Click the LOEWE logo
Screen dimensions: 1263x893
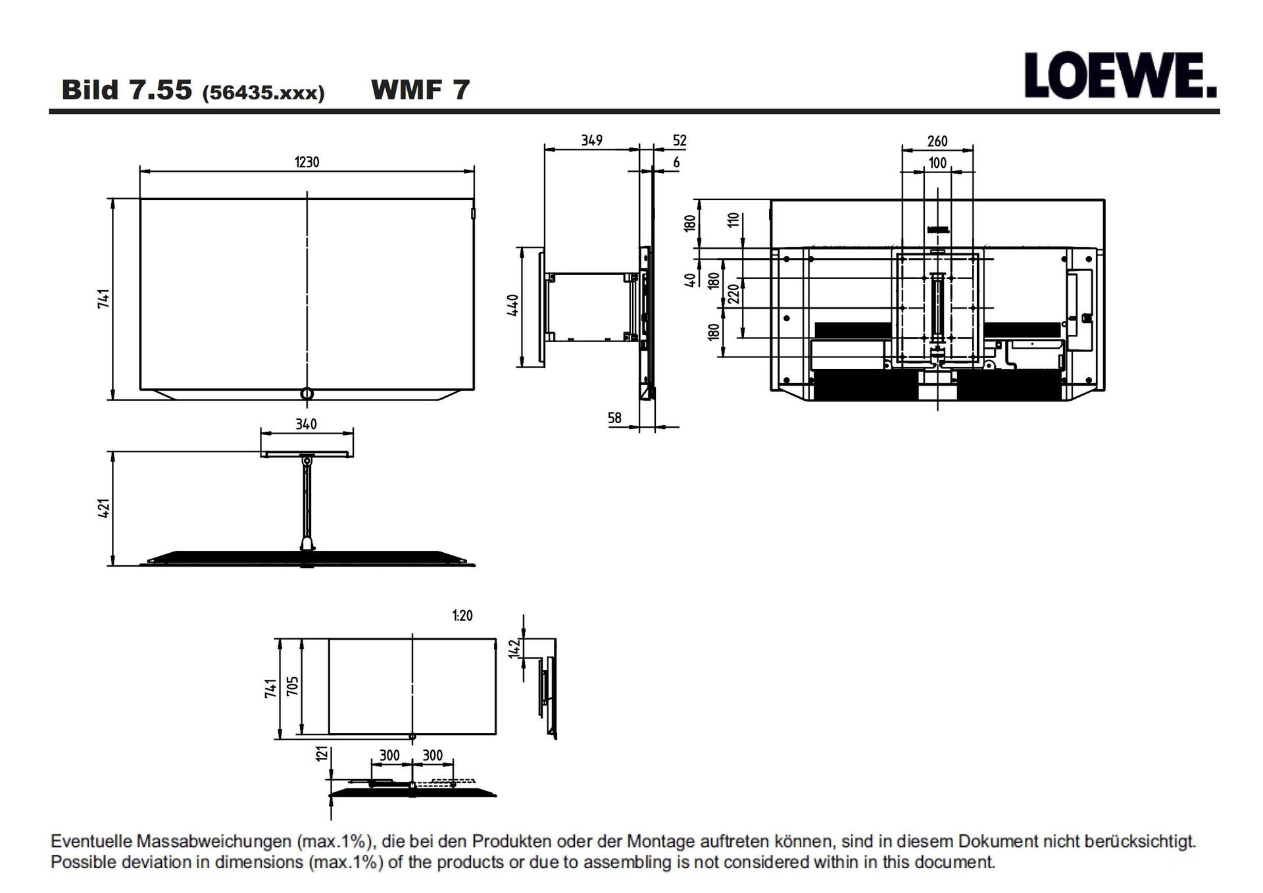click(1120, 76)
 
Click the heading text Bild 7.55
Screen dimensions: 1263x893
click(127, 89)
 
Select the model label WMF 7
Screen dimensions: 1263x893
click(420, 89)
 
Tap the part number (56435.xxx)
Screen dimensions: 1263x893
click(264, 92)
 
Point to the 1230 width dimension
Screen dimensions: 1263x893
click(307, 162)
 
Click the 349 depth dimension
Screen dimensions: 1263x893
click(592, 140)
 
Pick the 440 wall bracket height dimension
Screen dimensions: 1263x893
click(513, 305)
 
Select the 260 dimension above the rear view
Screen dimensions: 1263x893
click(937, 141)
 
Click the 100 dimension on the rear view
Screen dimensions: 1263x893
click(937, 163)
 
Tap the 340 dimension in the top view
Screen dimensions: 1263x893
click(307, 424)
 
